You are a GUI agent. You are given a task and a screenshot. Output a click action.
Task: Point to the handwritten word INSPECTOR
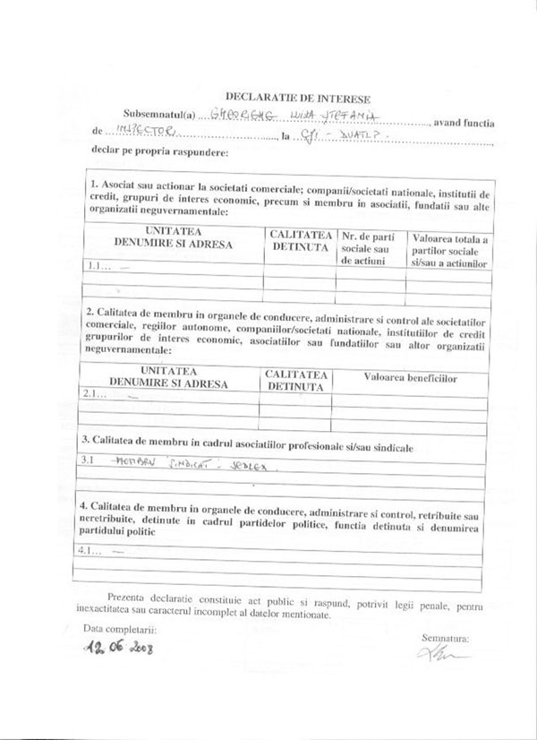133,132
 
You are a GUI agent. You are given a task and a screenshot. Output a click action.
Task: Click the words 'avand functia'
464,119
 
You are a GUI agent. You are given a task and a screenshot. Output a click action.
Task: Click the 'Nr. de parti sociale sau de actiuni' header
369,247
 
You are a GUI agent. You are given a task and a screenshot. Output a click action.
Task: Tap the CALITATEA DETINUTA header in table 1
299,240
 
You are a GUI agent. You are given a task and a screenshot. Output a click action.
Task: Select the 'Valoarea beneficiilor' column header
410,379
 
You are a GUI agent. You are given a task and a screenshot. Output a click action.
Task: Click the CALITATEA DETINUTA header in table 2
295,380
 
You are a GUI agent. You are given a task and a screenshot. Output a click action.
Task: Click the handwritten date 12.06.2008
118,646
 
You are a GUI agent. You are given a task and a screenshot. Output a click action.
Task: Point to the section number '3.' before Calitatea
86,440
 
